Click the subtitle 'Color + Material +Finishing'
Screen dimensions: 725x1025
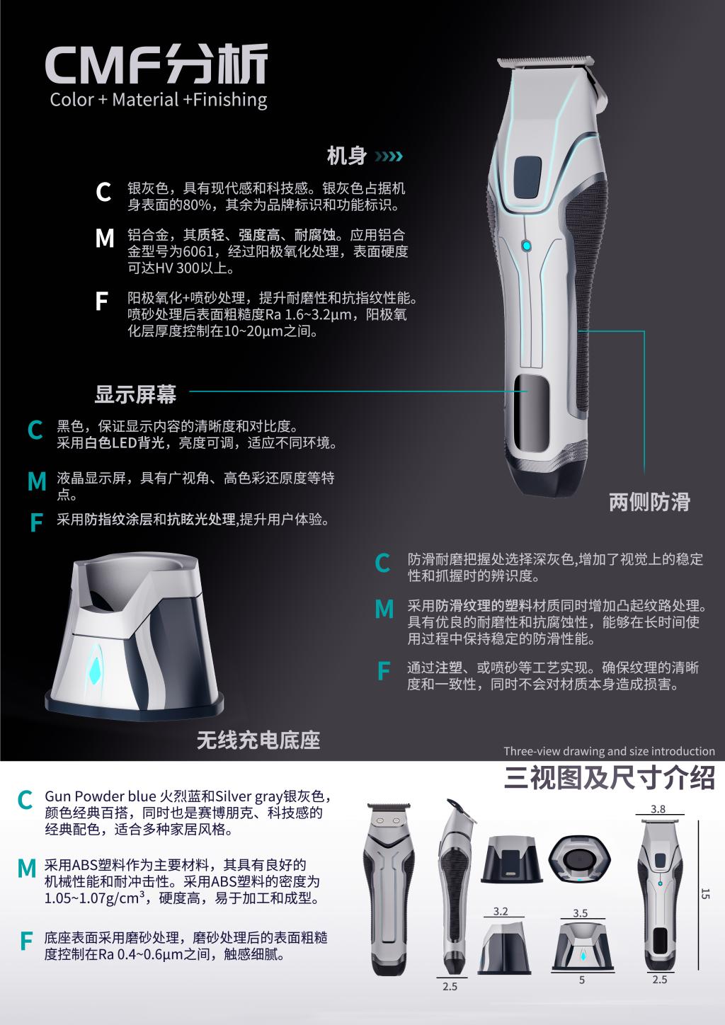[x=159, y=100]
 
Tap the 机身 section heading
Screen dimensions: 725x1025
[x=346, y=156]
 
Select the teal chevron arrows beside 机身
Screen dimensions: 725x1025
[x=389, y=156]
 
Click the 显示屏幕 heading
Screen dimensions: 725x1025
[x=135, y=394]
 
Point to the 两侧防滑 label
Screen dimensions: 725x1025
[x=649, y=502]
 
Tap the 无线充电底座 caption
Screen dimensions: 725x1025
[x=258, y=740]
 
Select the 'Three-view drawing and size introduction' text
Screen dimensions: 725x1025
[x=609, y=751]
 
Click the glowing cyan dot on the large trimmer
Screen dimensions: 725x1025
[x=526, y=246]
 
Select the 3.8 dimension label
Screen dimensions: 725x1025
[x=658, y=809]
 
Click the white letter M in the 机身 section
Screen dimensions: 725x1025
[x=105, y=239]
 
